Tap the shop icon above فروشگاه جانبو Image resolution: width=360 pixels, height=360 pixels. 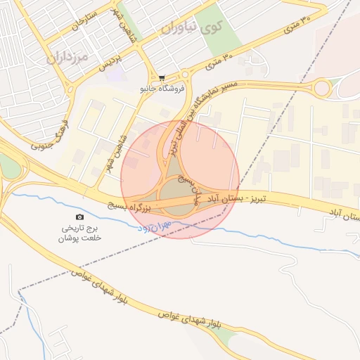(x=162, y=78)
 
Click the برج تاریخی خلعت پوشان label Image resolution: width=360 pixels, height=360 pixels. (x=80, y=233)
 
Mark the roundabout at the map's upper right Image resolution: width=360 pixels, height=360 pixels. (x=323, y=89)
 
